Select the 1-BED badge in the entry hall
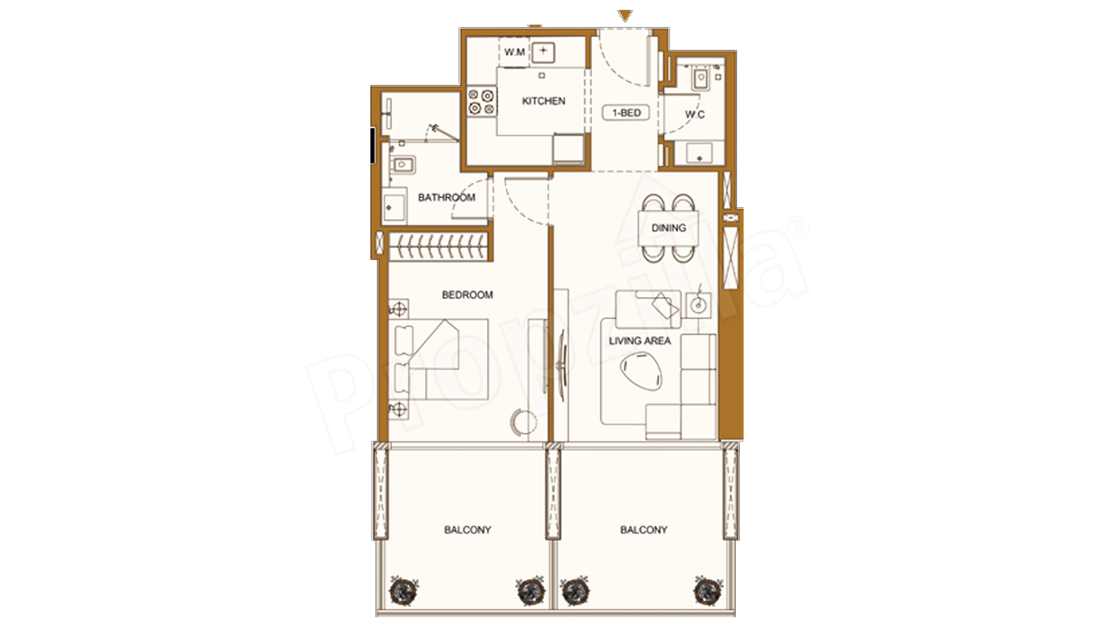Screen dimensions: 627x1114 click(626, 113)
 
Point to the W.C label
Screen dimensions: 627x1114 click(695, 115)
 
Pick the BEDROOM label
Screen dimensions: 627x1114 click(467, 295)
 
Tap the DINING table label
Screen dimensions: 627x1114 click(669, 228)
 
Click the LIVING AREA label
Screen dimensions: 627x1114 click(640, 341)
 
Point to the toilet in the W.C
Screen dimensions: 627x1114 click(701, 79)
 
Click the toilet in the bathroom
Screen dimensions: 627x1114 click(99, 164)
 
